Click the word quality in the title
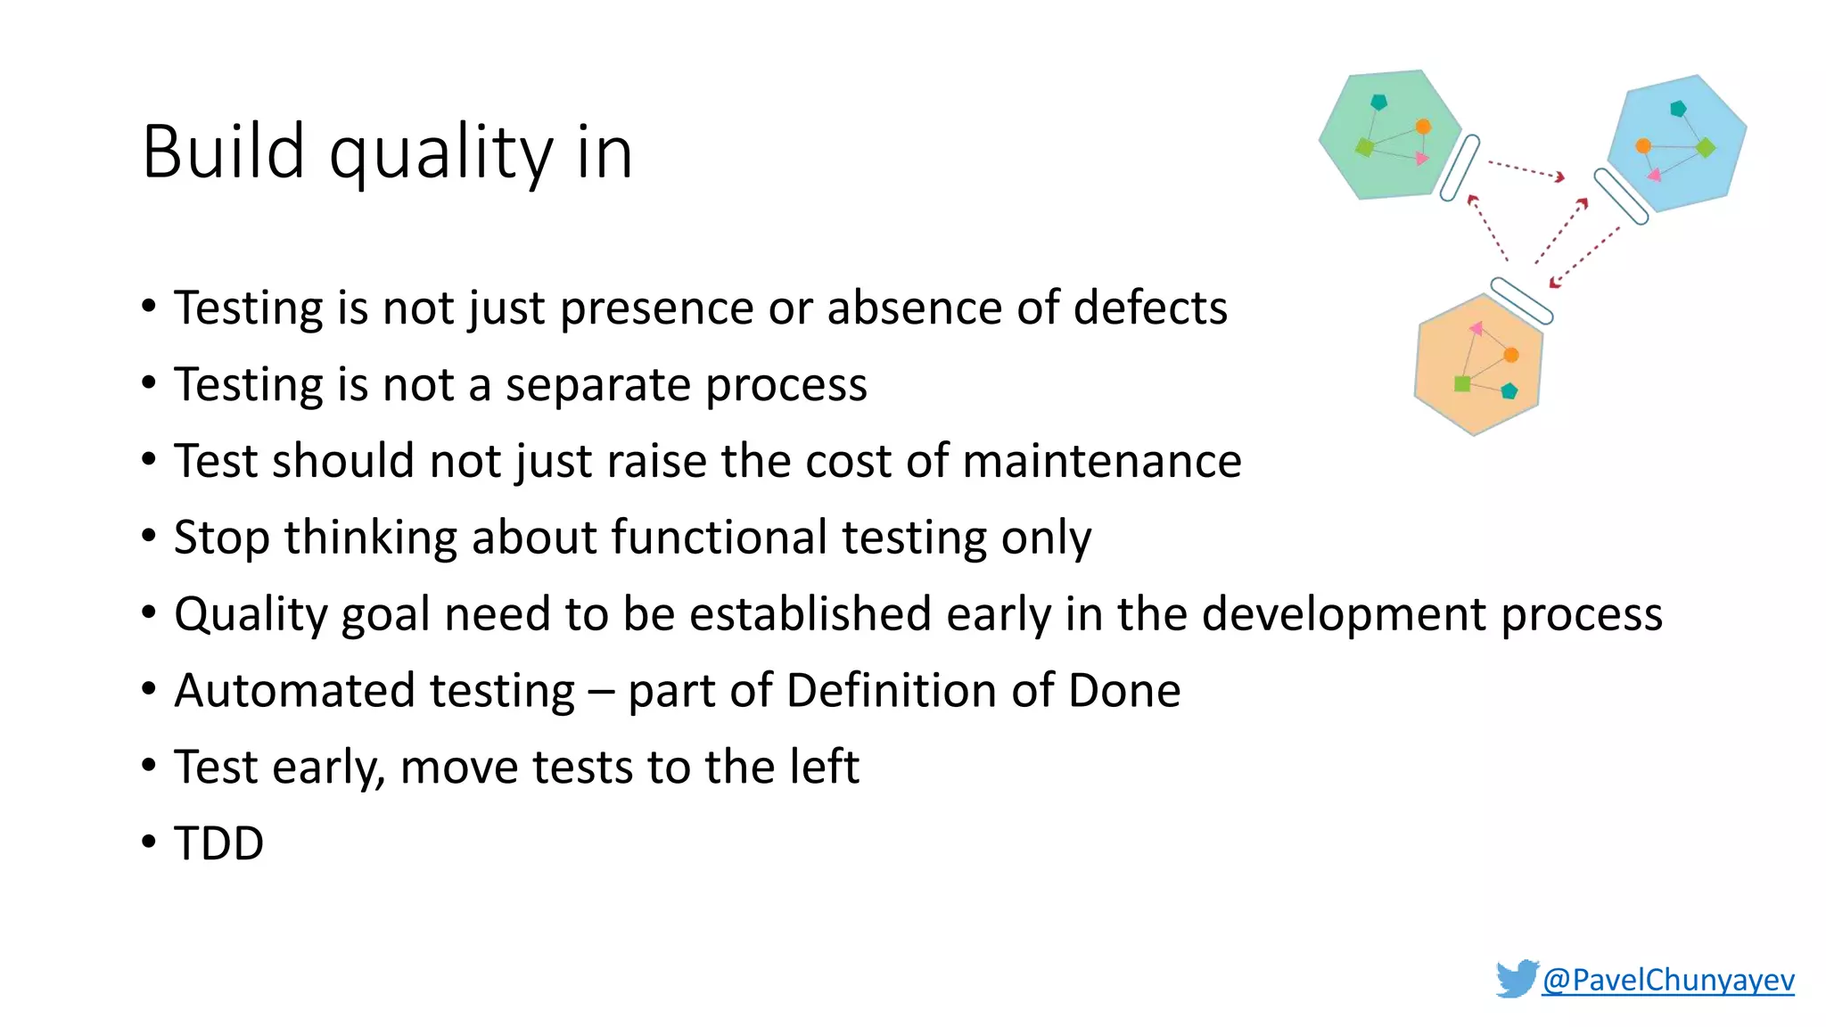point(441,153)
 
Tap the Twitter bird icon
point(1517,978)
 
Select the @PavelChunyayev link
point(1667,980)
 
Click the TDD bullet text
point(218,843)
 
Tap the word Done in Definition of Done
point(1124,691)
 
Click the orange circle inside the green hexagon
point(1423,127)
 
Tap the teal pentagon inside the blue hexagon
point(1678,109)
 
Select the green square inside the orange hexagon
point(1462,384)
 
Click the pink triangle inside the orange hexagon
point(1476,329)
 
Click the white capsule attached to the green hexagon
point(1460,168)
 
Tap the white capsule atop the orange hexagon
point(1522,300)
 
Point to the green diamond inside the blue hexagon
point(1706,147)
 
